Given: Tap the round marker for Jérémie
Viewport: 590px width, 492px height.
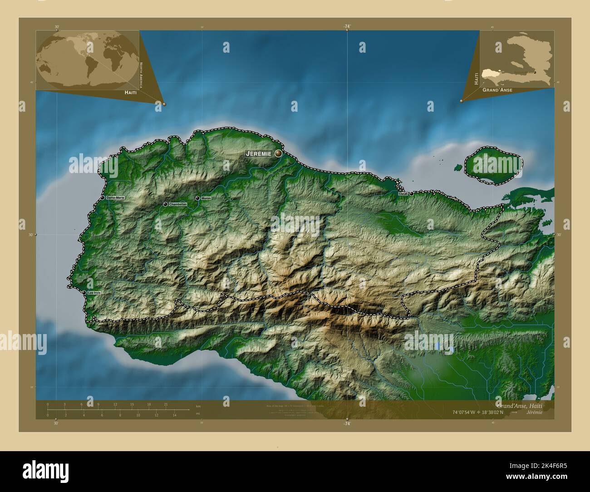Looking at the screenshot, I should coord(278,153).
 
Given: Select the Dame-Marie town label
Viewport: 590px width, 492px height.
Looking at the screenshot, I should coord(115,198).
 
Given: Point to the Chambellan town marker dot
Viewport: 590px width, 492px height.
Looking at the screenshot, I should coord(165,204).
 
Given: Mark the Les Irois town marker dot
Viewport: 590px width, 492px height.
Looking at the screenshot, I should coord(84,293).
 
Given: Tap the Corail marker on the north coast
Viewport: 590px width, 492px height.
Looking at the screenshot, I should coord(411,194).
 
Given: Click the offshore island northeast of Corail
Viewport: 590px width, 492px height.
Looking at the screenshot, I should coord(492,166).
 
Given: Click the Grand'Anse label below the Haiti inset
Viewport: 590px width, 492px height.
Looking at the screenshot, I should coord(497,90).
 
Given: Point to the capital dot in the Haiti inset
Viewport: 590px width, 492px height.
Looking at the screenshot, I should coord(535,72).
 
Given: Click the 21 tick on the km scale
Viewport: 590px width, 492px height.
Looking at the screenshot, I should coord(166,404).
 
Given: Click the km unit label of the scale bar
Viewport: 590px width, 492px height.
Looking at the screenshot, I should coord(198,406).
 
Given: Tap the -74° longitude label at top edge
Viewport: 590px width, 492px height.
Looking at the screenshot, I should coord(347,27).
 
